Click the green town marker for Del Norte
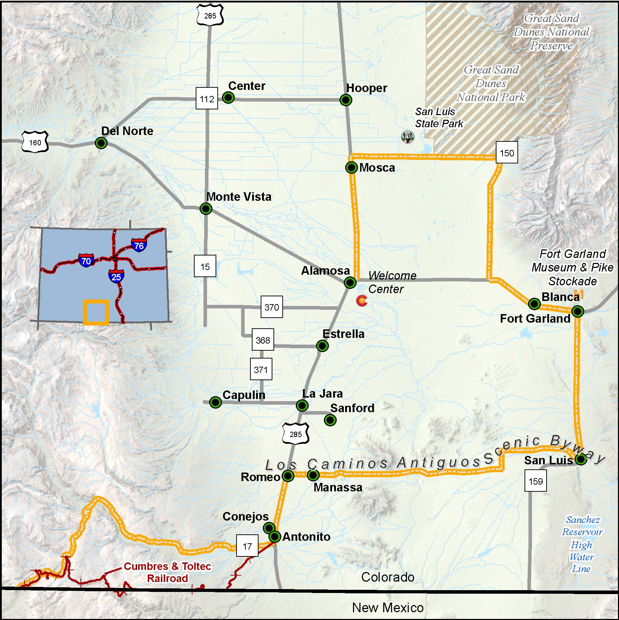(x=101, y=143)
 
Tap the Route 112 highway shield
(x=207, y=99)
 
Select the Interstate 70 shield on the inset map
(x=86, y=261)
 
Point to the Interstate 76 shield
(x=139, y=245)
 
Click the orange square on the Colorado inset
(x=96, y=312)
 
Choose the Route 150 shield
(x=506, y=153)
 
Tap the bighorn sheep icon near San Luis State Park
(x=407, y=136)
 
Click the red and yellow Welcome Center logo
(x=362, y=301)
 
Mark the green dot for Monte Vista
(x=206, y=209)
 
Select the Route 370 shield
(x=272, y=307)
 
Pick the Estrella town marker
(x=322, y=346)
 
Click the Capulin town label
(x=244, y=395)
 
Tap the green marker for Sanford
(x=330, y=420)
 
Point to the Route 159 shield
(x=536, y=481)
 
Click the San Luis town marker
(x=581, y=459)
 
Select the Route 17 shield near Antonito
(x=247, y=546)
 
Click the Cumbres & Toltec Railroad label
(x=167, y=572)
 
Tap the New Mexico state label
(x=388, y=608)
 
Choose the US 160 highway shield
(x=35, y=142)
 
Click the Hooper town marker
(x=346, y=100)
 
